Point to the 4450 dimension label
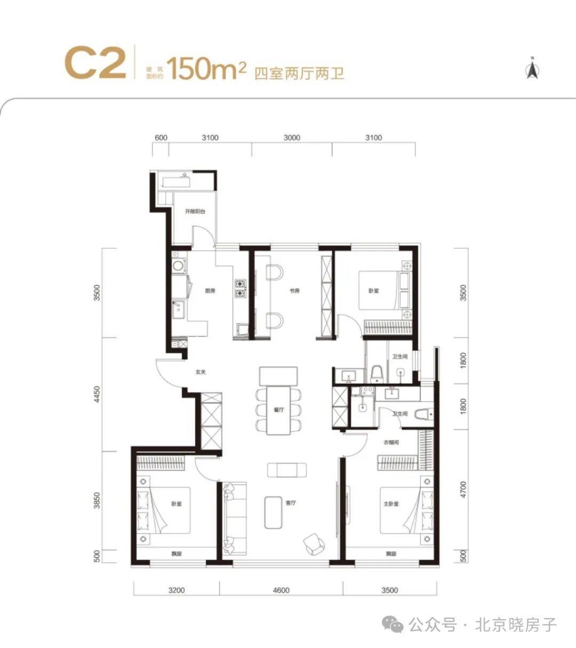point(97,394)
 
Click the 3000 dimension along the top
point(292,138)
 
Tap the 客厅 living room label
point(291,503)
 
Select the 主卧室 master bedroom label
point(391,503)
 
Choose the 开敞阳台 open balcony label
point(195,211)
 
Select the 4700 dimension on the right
point(463,489)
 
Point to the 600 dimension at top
point(161,138)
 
